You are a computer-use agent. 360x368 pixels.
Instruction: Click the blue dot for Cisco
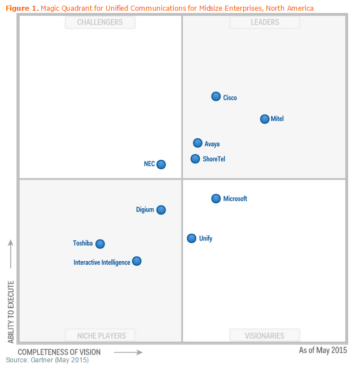pos(216,97)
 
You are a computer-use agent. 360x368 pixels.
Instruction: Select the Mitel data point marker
pos(265,119)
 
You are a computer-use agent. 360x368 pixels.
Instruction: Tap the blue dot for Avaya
pos(197,143)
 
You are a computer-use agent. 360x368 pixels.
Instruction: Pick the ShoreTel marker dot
pos(195,159)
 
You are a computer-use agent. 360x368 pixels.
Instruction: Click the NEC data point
pos(161,164)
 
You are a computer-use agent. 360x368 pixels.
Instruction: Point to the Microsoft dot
pos(216,198)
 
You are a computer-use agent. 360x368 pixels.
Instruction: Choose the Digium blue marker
pos(161,209)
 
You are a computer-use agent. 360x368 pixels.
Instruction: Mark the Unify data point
pos(192,238)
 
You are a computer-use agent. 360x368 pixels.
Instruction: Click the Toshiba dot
pos(100,244)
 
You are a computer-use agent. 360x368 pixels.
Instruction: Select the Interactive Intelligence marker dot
pos(137,261)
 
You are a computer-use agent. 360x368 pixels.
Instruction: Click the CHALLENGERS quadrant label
pos(100,22)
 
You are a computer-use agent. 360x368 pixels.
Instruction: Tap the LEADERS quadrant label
pos(265,22)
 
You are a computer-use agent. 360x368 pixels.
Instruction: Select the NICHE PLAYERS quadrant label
pos(100,336)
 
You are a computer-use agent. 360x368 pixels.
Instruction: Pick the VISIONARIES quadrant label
pos(265,336)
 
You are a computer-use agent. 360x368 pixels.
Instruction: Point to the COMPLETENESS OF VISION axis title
pos(59,352)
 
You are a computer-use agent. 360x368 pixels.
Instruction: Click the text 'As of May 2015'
pos(323,351)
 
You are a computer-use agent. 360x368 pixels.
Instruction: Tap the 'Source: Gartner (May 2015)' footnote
pos(47,360)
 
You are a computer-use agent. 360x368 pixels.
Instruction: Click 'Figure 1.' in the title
pos(22,8)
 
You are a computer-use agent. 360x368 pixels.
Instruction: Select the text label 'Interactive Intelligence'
pos(102,262)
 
